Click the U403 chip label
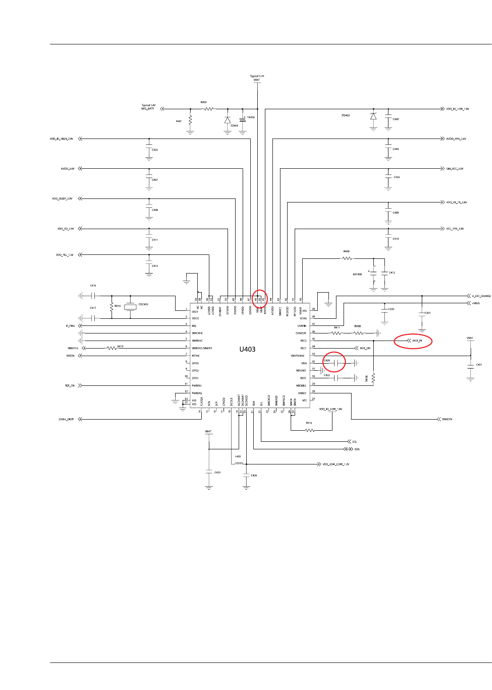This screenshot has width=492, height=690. [248, 349]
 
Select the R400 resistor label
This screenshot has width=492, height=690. [204, 102]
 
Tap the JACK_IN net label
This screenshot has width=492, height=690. [417, 341]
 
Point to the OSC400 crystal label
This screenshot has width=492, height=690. [143, 304]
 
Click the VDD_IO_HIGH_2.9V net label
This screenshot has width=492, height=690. [62, 139]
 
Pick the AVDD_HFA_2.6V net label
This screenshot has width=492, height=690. [456, 139]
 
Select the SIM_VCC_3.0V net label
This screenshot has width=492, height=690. [455, 169]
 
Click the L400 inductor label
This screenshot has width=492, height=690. [238, 456]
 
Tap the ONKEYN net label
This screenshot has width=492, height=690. [447, 419]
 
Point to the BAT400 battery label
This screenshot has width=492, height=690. [357, 274]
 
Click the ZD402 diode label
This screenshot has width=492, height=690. [345, 115]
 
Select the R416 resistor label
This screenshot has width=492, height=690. [309, 423]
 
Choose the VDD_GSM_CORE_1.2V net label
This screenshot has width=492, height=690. [336, 464]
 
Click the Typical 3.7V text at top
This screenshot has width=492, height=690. [257, 76]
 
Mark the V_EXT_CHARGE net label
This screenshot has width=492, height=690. [481, 296]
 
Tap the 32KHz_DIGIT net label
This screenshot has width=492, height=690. [66, 419]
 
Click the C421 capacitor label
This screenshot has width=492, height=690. [479, 365]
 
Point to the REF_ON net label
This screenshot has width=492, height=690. [70, 386]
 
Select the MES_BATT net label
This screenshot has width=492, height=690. [148, 109]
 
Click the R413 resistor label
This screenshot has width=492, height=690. [120, 346]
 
